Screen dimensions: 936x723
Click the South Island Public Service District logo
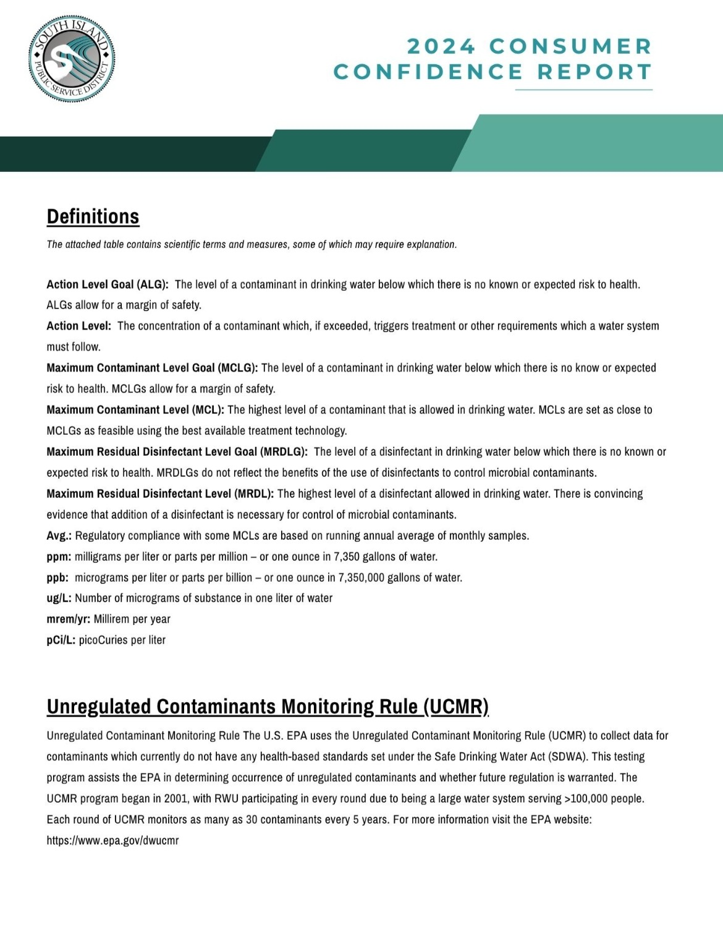[72, 59]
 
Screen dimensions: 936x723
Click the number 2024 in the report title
[441, 46]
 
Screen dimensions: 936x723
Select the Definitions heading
[93, 216]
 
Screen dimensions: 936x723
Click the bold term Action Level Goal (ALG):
[108, 284]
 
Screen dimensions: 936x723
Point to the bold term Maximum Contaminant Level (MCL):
[135, 410]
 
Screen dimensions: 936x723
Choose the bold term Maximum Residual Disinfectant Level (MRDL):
[160, 494]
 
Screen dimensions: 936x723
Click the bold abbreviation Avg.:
[59, 536]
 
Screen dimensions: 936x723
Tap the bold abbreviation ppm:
[59, 557]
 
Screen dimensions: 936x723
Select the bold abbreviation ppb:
[58, 578]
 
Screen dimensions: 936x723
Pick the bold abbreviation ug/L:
[59, 598]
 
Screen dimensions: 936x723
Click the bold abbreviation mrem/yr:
[69, 619]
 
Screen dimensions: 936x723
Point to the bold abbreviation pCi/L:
[61, 640]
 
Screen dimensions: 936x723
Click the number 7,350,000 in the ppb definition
[361, 578]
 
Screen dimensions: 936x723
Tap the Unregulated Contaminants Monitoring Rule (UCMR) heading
[268, 707]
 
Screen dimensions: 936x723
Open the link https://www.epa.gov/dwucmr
[112, 841]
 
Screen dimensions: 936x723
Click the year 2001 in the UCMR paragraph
[176, 799]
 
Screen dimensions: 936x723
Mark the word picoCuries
[103, 640]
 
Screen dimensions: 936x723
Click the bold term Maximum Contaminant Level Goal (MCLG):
[152, 368]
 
